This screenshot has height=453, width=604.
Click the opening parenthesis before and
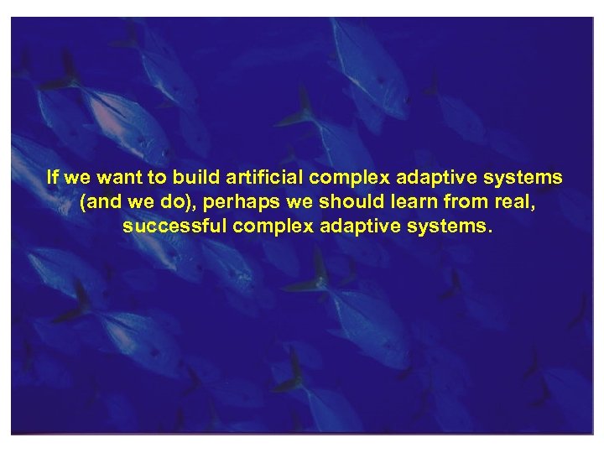pos(82,202)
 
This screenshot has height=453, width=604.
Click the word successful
pos(173,226)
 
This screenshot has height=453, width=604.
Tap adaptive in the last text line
pos(356,227)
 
